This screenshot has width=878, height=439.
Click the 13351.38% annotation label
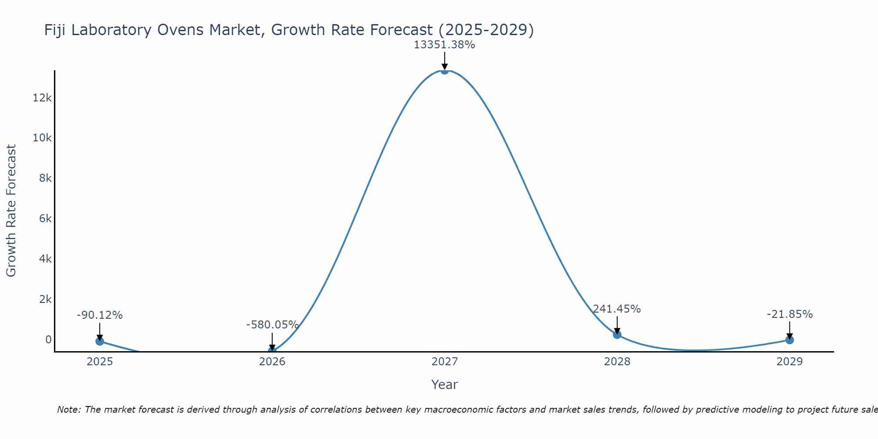point(444,45)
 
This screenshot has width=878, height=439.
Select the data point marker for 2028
point(617,335)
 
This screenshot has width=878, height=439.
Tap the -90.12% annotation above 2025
point(100,315)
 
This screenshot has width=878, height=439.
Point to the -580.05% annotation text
point(272,325)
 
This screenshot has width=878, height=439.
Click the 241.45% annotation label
point(617,309)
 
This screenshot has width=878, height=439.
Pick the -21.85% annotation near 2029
point(789,314)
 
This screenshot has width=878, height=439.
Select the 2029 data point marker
point(789,340)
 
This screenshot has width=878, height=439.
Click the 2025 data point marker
point(100,341)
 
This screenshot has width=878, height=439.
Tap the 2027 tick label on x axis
point(444,362)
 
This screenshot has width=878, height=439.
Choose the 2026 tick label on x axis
point(272,362)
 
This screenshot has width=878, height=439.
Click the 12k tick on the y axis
point(42,97)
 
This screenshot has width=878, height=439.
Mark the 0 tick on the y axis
point(48,340)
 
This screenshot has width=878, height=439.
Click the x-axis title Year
point(444,385)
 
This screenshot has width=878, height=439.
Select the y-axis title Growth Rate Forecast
point(11,211)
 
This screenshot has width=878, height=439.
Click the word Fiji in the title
point(55,30)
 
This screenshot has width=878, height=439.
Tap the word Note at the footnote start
point(68,410)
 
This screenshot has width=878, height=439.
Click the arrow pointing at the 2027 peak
point(444,61)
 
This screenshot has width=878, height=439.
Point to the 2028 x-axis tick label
point(617,362)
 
